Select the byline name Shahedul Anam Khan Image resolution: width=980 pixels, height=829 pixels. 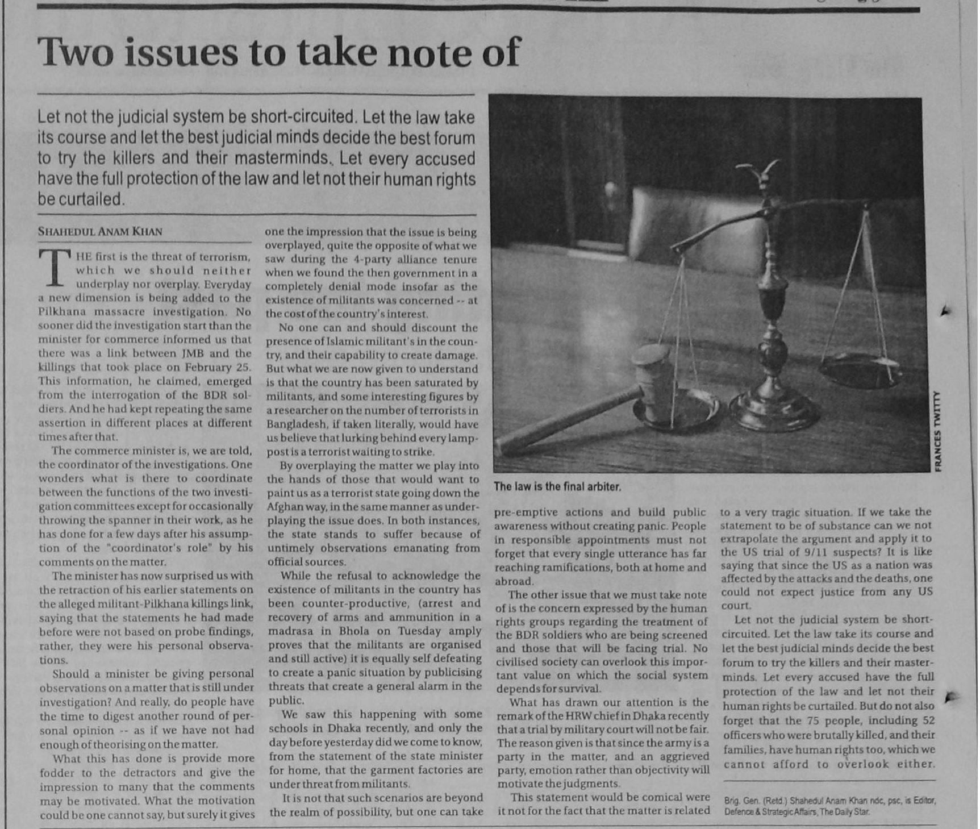(100, 231)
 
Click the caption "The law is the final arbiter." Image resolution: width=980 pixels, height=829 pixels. (557, 487)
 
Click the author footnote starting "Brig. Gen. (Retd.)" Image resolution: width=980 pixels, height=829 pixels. (829, 806)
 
